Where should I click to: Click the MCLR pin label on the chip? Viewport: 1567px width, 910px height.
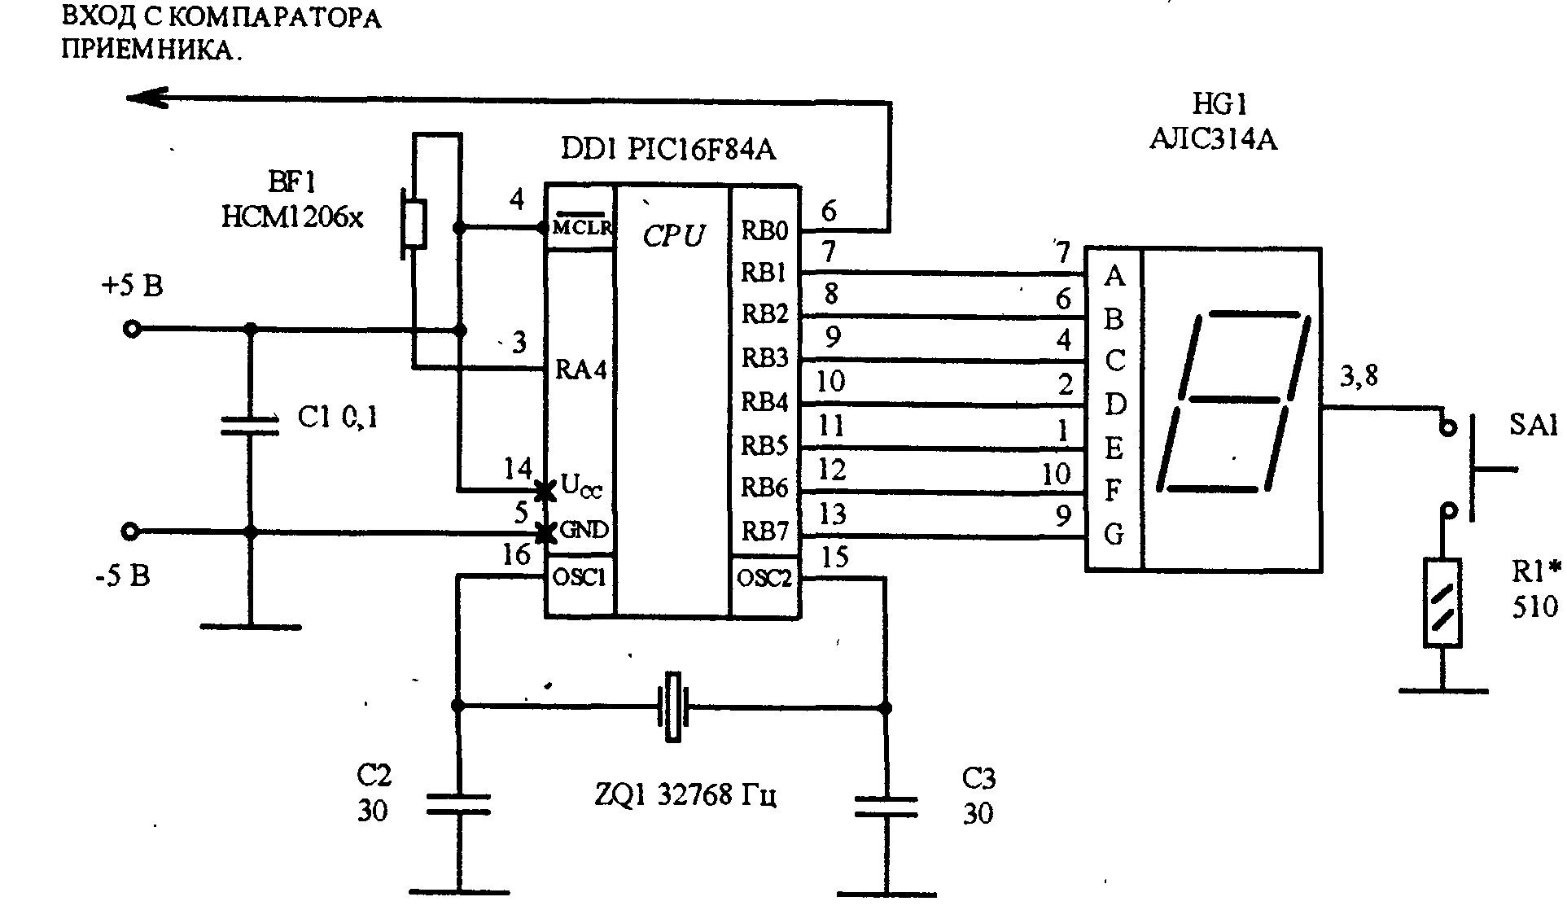click(x=581, y=228)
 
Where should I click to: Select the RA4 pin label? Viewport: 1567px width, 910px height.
click(x=581, y=370)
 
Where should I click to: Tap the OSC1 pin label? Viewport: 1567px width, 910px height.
click(x=580, y=577)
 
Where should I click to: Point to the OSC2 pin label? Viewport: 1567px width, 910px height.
click(x=764, y=578)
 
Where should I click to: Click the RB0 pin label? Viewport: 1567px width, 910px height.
click(x=764, y=231)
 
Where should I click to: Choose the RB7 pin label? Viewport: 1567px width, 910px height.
click(x=764, y=532)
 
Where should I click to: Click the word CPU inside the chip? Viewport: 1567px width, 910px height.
click(x=673, y=235)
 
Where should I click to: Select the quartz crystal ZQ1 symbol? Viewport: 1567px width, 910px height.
click(x=672, y=707)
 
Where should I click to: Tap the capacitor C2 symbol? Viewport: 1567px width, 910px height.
click(x=458, y=804)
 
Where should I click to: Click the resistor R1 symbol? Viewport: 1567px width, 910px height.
click(x=1442, y=602)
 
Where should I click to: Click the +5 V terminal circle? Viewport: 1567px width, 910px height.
click(x=131, y=329)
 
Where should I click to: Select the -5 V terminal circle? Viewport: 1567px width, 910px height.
click(x=129, y=532)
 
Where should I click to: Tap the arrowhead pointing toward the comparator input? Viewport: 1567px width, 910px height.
click(x=147, y=98)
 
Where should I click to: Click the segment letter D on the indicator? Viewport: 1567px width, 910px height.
click(x=1114, y=404)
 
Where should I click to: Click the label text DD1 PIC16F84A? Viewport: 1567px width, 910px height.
click(x=668, y=149)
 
